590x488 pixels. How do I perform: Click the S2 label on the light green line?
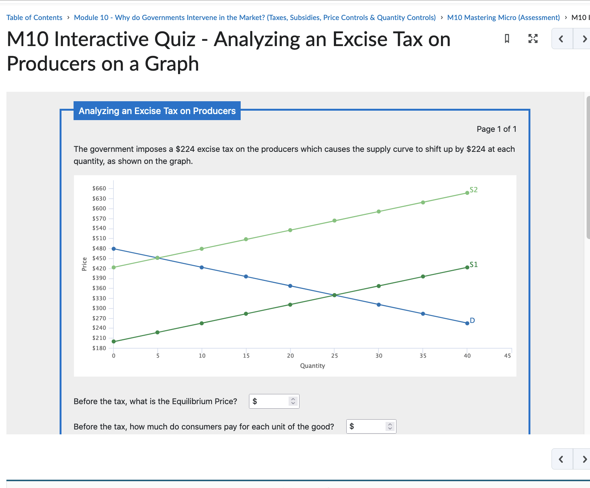point(473,190)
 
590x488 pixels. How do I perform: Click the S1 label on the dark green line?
point(473,264)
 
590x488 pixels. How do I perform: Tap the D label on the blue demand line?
point(472,320)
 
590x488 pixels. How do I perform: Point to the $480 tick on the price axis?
point(99,249)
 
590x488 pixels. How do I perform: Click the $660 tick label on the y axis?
point(99,188)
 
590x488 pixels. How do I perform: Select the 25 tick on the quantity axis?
point(335,356)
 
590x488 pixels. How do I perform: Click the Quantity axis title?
point(312,366)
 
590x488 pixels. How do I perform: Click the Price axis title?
point(85,264)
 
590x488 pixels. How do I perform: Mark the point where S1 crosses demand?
point(335,295)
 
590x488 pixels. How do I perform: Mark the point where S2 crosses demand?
point(158,258)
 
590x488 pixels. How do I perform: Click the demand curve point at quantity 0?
point(114,249)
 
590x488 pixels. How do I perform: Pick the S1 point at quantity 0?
point(114,341)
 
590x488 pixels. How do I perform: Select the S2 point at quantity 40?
point(467,193)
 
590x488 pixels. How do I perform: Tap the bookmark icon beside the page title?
point(507,39)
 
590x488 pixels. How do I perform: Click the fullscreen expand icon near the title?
point(533,39)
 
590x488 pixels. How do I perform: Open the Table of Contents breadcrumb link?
point(34,17)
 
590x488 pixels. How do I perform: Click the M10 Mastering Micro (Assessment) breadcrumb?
point(503,17)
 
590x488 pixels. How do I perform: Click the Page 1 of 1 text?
point(496,129)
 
